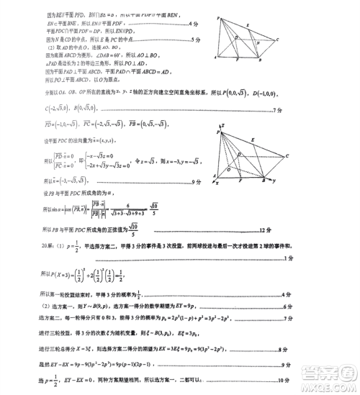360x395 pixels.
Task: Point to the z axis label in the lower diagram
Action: pos(222,125)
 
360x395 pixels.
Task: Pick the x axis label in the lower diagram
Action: pos(217,183)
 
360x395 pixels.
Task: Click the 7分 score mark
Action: pos(277,110)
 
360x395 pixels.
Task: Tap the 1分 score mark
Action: pos(288,258)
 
